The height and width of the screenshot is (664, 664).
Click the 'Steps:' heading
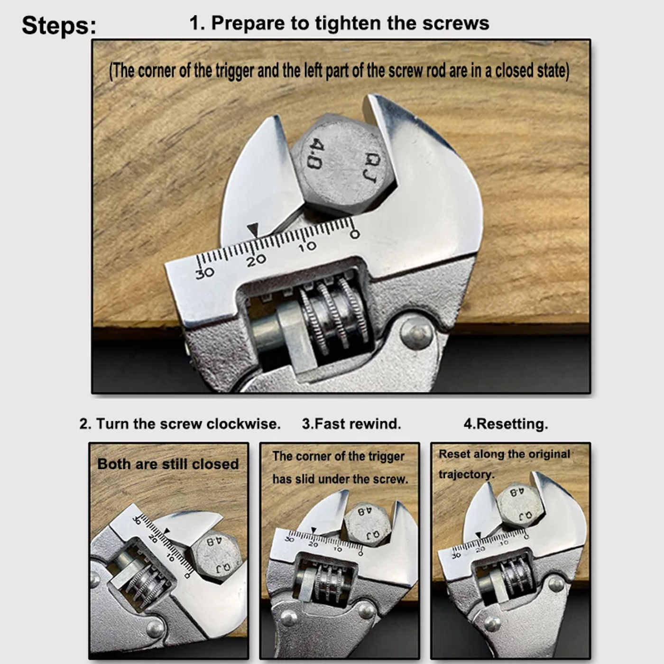coord(59,26)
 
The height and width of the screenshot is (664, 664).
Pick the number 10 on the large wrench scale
coord(307,246)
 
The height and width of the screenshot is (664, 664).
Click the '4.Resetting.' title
coord(506,424)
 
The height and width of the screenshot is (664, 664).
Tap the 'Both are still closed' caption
coord(168,464)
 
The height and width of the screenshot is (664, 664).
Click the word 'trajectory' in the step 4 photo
coord(466,474)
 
